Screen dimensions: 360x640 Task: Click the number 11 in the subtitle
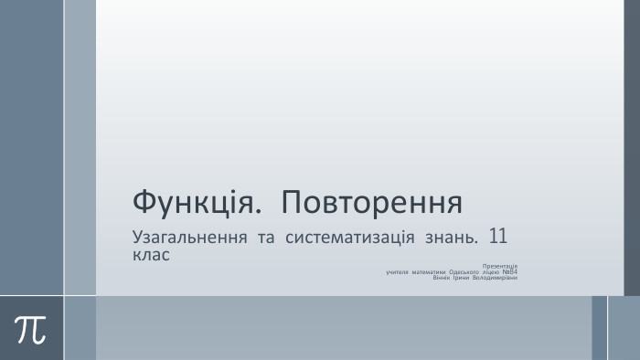pos(499,236)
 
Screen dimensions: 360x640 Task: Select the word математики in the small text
pos(429,271)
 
